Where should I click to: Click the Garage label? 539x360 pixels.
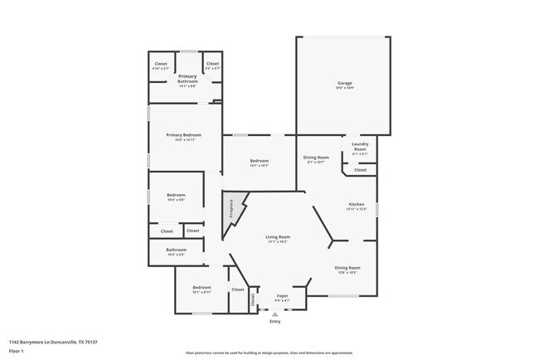tap(345, 83)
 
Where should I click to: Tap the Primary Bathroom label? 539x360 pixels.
tap(187, 77)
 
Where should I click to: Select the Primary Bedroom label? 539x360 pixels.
tap(184, 134)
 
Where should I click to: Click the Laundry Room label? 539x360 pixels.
tap(360, 144)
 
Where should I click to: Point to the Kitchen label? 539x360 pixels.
tap(357, 204)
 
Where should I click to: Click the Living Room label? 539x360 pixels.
tap(278, 237)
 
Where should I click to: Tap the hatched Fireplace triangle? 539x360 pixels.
tap(236, 207)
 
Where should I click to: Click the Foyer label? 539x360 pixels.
tap(282, 295)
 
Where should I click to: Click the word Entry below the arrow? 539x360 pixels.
tap(275, 321)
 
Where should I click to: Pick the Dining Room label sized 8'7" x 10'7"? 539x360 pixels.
tap(316, 158)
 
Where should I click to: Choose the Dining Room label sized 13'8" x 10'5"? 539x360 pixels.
tap(347, 268)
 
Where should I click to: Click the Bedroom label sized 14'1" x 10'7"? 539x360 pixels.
tap(260, 161)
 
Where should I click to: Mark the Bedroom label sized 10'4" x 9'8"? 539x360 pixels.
tap(176, 195)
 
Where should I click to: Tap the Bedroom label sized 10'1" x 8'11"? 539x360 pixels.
tap(202, 288)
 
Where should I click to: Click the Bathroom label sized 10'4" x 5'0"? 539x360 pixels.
tap(176, 250)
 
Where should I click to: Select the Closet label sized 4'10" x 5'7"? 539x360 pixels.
tap(161, 64)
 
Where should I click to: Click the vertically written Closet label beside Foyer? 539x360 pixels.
tap(253, 300)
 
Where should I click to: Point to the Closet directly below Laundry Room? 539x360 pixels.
tap(360, 169)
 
